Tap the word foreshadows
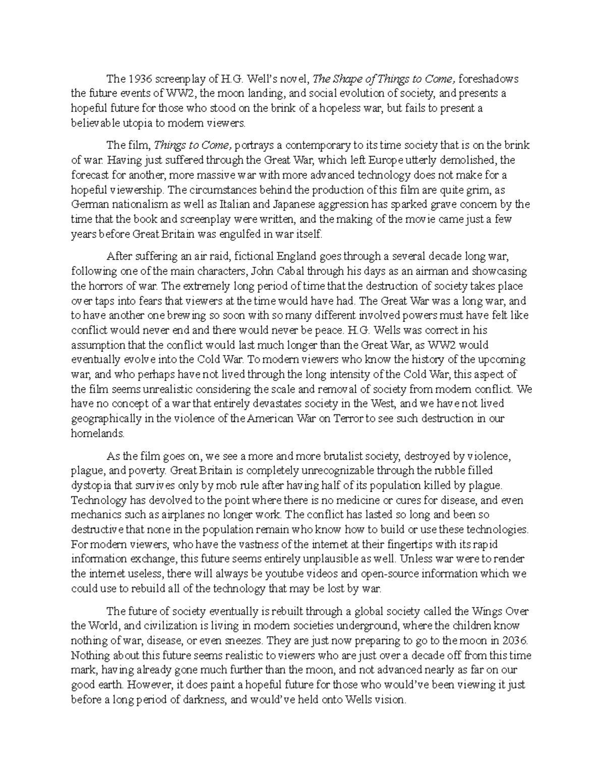tap(489, 79)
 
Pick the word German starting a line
tap(89, 205)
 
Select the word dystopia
tap(94, 486)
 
